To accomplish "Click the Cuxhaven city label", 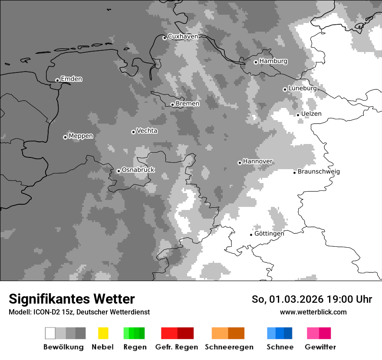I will coord(183,36).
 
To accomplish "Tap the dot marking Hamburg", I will coord(256,62).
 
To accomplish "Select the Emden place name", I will coord(71,79).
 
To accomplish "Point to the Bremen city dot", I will coord(172,105).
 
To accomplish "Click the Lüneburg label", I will coord(302,88).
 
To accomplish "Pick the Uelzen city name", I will coord(311,114).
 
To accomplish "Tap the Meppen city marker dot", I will coord(65,137).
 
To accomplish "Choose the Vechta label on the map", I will coord(147,131).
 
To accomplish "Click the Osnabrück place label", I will coord(138,170).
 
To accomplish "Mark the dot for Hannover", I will coord(240,163).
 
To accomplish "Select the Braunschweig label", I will coord(319,171).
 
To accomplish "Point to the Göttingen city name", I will coord(269,233).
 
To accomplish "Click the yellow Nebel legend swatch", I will coord(103,333).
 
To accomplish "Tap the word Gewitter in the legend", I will coord(320,347).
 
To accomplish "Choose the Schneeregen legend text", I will coord(229,347).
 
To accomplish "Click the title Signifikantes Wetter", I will coord(72,299).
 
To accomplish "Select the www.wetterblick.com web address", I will coord(313,312).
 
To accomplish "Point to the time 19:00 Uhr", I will coord(350,299).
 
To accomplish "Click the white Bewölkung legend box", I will coord(50,333).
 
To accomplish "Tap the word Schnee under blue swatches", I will coord(280,347).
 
